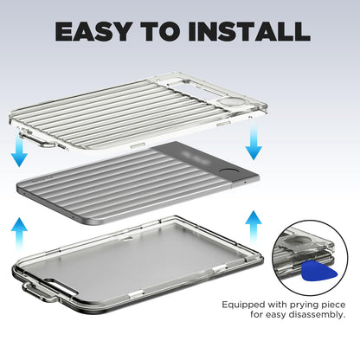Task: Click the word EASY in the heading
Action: click(x=93, y=31)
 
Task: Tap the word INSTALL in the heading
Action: click(x=249, y=31)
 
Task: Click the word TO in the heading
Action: click(x=159, y=31)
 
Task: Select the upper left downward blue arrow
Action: click(x=19, y=151)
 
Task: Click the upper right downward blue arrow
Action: click(x=254, y=140)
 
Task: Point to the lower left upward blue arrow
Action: click(x=19, y=235)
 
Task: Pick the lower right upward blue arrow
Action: click(x=254, y=227)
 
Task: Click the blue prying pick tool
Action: click(x=319, y=271)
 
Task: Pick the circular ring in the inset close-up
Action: click(x=300, y=241)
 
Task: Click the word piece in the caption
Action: click(x=334, y=305)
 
